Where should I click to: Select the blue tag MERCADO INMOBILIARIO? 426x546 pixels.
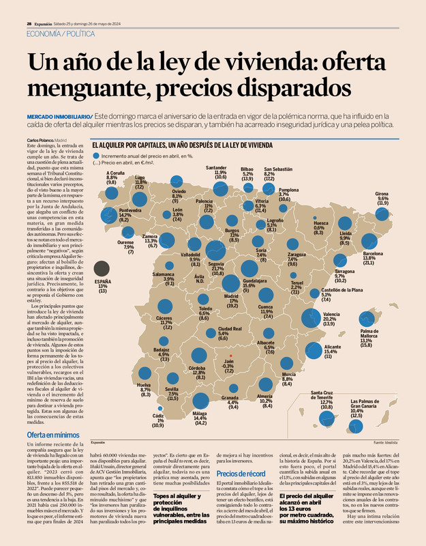(59, 116)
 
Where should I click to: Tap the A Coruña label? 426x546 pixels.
(117, 177)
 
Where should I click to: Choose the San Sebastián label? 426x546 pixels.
(278, 172)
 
